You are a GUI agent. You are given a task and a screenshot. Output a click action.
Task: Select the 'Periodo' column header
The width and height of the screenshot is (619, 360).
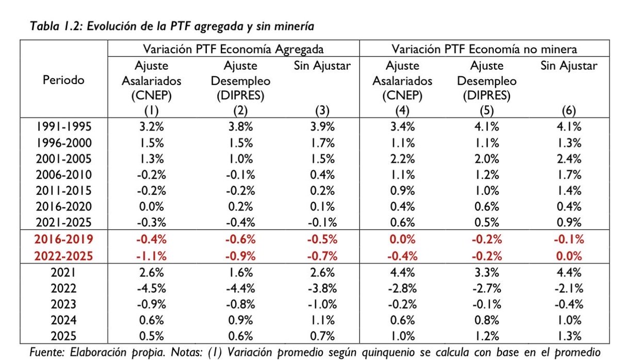[x=63, y=80]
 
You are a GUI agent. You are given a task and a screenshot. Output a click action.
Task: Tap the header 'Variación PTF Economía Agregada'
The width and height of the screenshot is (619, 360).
[x=234, y=50]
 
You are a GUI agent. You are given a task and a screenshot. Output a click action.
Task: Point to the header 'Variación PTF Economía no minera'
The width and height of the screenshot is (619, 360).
[x=484, y=50]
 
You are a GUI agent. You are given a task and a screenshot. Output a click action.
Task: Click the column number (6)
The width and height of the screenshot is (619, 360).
[x=570, y=110]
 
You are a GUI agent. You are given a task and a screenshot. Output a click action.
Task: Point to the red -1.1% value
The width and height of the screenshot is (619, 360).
[x=151, y=255]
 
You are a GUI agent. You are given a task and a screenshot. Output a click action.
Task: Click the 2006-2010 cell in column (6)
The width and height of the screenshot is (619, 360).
[x=570, y=175]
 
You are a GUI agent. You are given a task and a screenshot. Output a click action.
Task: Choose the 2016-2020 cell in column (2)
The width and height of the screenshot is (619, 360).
[x=238, y=207]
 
